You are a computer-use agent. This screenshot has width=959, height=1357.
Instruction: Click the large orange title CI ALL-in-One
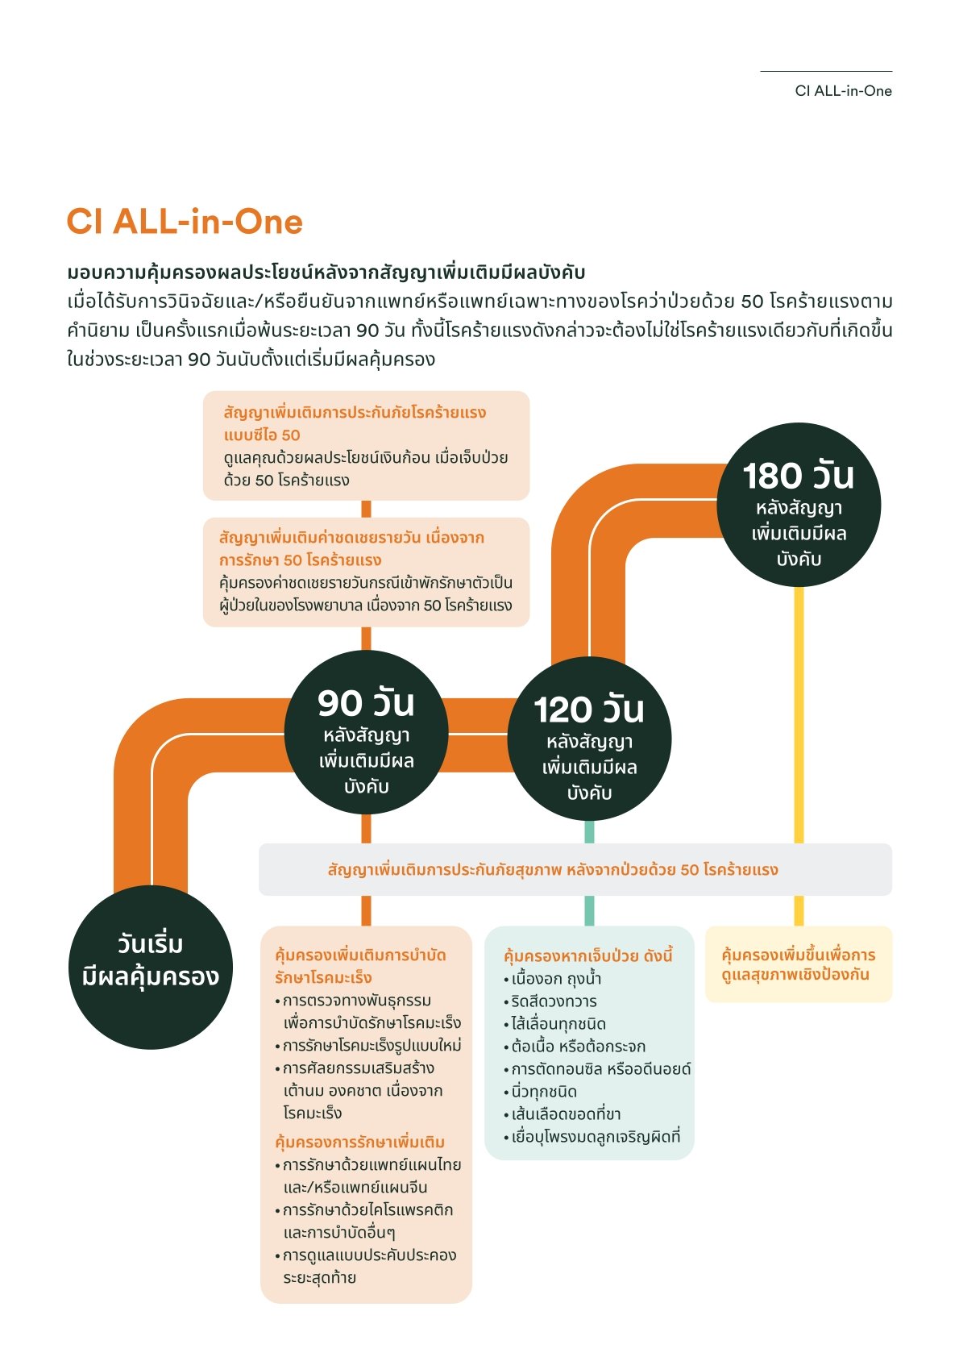point(185,222)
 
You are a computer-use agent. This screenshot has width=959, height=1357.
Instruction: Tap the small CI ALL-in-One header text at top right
point(843,91)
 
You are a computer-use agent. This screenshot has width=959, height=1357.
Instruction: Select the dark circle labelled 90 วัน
point(366,732)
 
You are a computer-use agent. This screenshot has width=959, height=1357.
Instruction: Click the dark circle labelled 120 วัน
point(589,739)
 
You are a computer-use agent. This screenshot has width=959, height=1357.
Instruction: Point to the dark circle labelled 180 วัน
point(798,506)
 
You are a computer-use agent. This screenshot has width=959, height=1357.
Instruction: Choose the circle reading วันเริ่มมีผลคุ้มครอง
point(151,967)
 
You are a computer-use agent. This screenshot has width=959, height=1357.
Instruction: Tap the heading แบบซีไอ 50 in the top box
point(262,435)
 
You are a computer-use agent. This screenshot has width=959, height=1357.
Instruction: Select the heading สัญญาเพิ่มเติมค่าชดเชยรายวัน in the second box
point(351,537)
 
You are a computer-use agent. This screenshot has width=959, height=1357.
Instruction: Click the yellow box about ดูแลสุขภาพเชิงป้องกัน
point(798,964)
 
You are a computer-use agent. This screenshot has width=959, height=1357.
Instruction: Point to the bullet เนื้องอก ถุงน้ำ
point(556,979)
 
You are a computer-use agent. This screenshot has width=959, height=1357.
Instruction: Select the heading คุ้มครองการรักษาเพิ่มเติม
point(359,1142)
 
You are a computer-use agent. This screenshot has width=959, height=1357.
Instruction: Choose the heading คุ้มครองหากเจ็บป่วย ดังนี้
point(587,956)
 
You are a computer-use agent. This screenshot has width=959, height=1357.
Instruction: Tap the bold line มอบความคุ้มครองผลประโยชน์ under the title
point(326,272)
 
